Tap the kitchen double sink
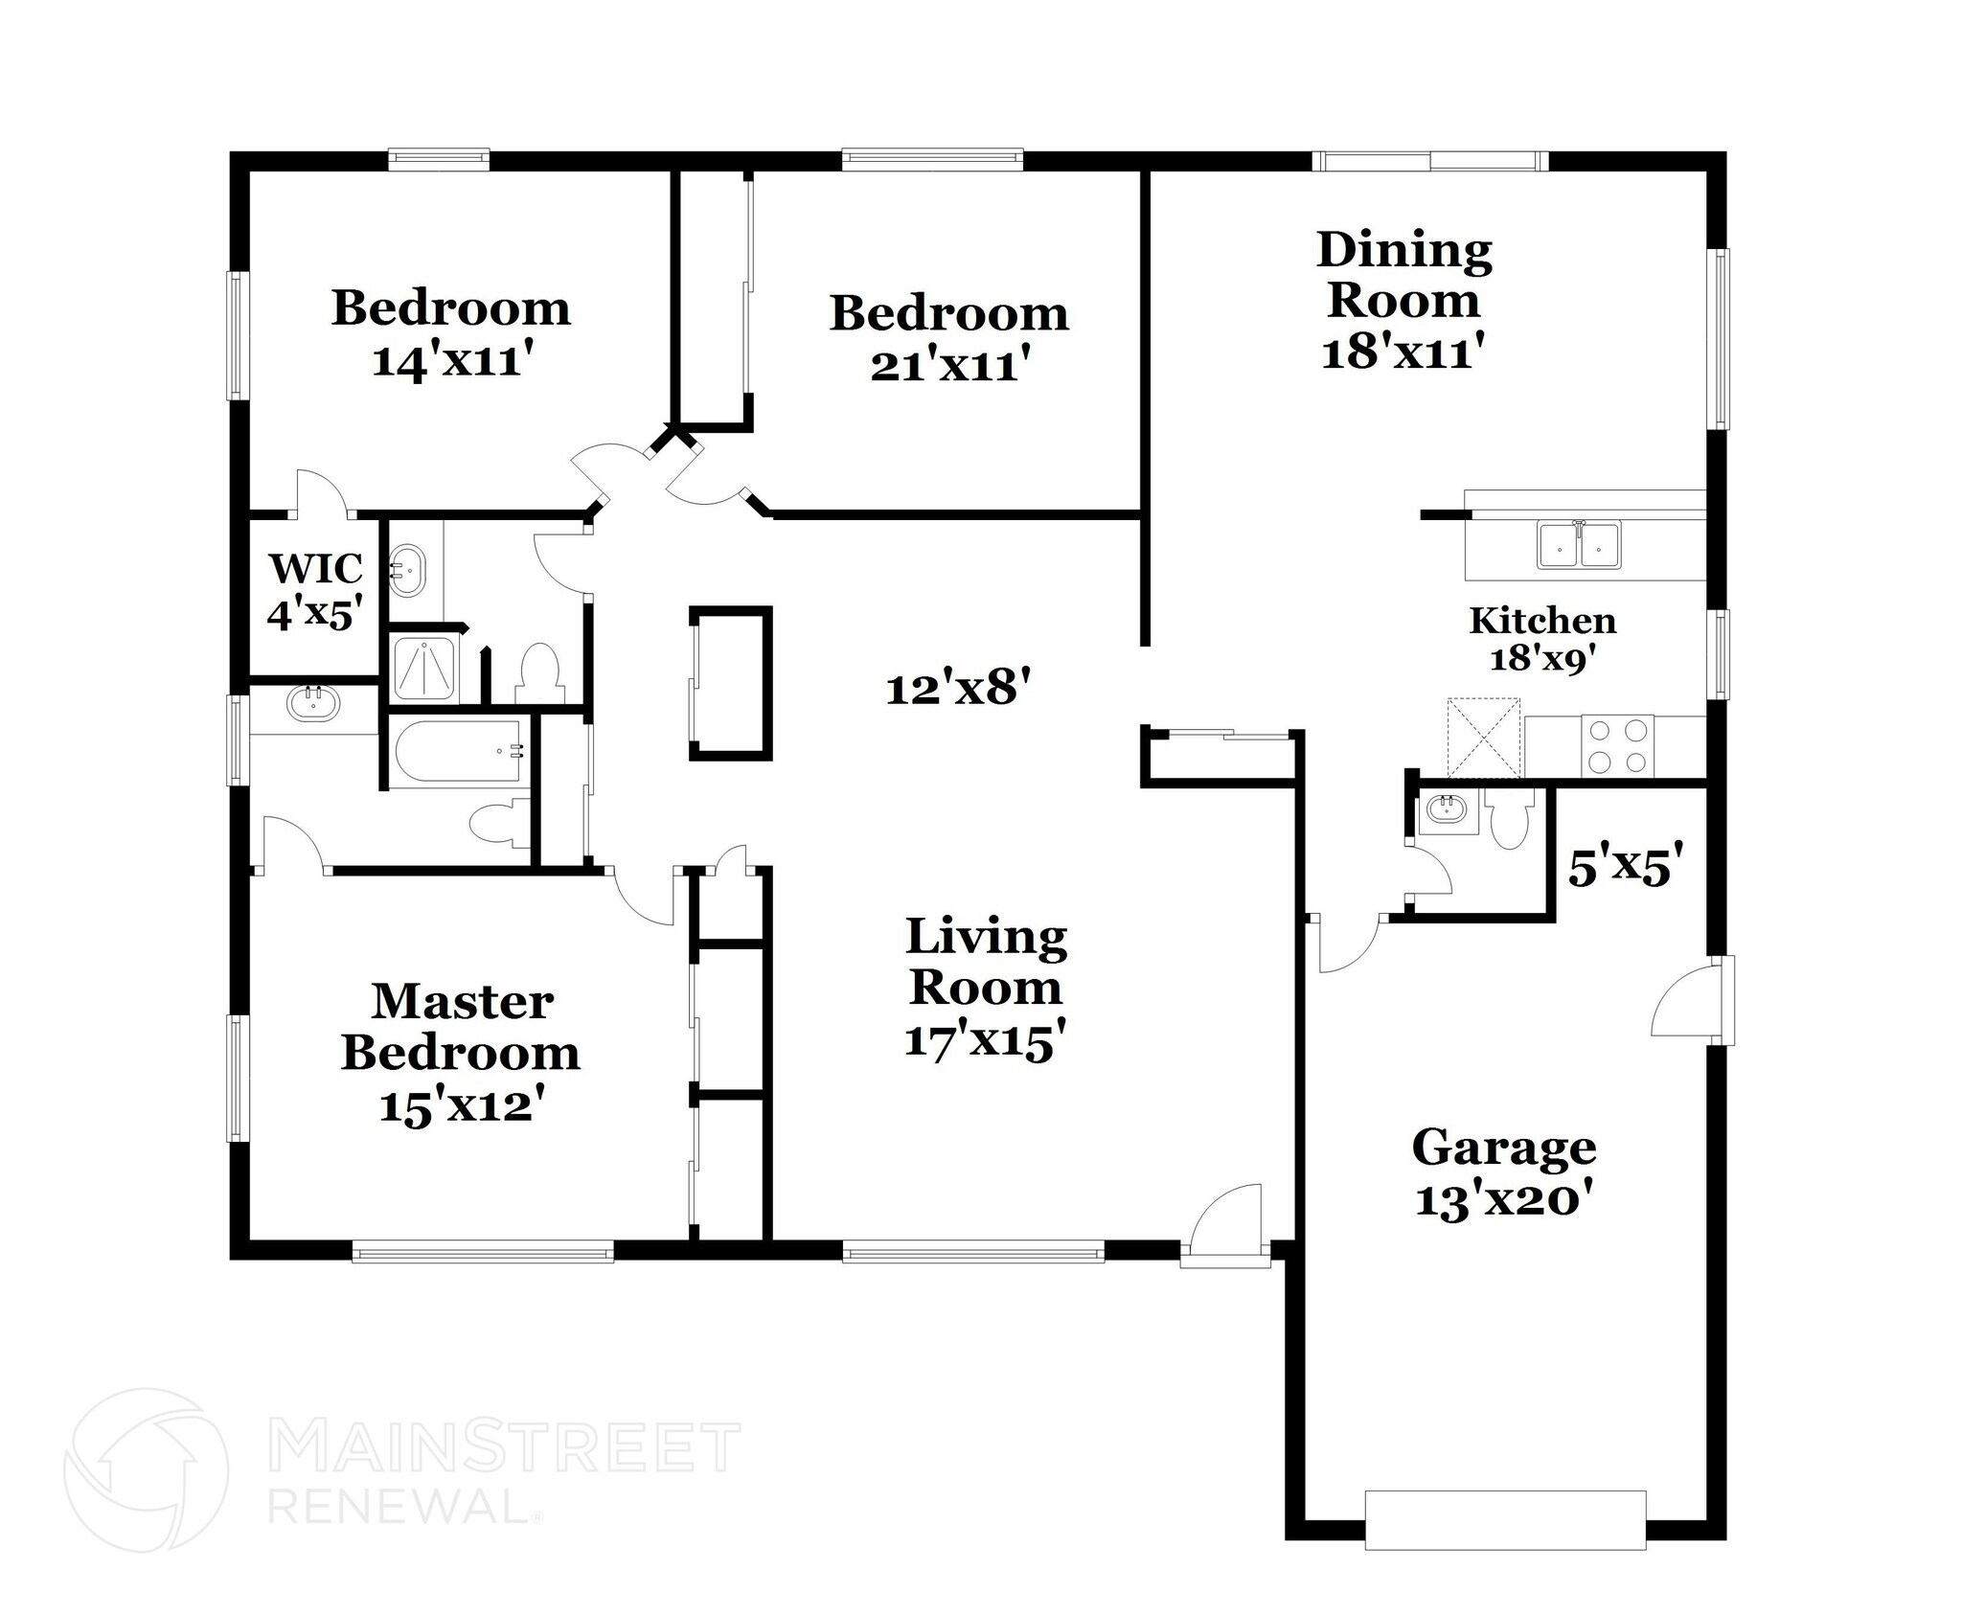point(1579,545)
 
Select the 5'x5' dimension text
point(1625,868)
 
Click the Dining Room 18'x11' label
point(1403,300)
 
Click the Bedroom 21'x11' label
point(948,338)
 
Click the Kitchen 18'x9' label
point(1542,638)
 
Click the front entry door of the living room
point(1225,1227)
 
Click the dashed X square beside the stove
point(1483,738)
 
